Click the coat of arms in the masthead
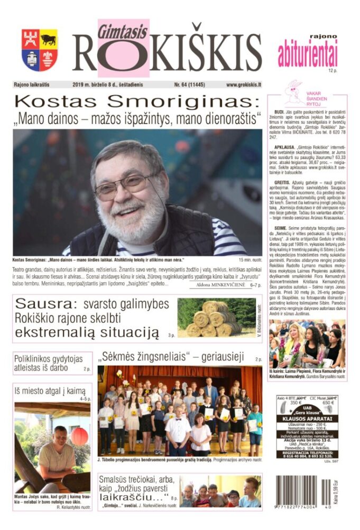click(40, 50)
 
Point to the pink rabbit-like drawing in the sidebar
click(294, 93)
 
